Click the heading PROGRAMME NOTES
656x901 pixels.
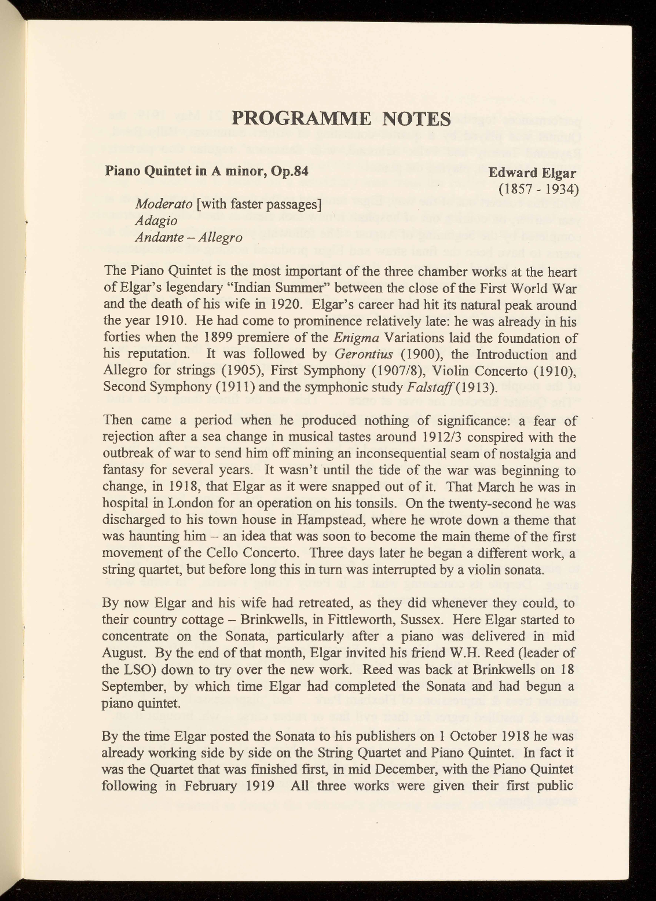(x=341, y=118)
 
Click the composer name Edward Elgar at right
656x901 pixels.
(x=532, y=173)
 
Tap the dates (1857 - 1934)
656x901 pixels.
(x=536, y=189)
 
